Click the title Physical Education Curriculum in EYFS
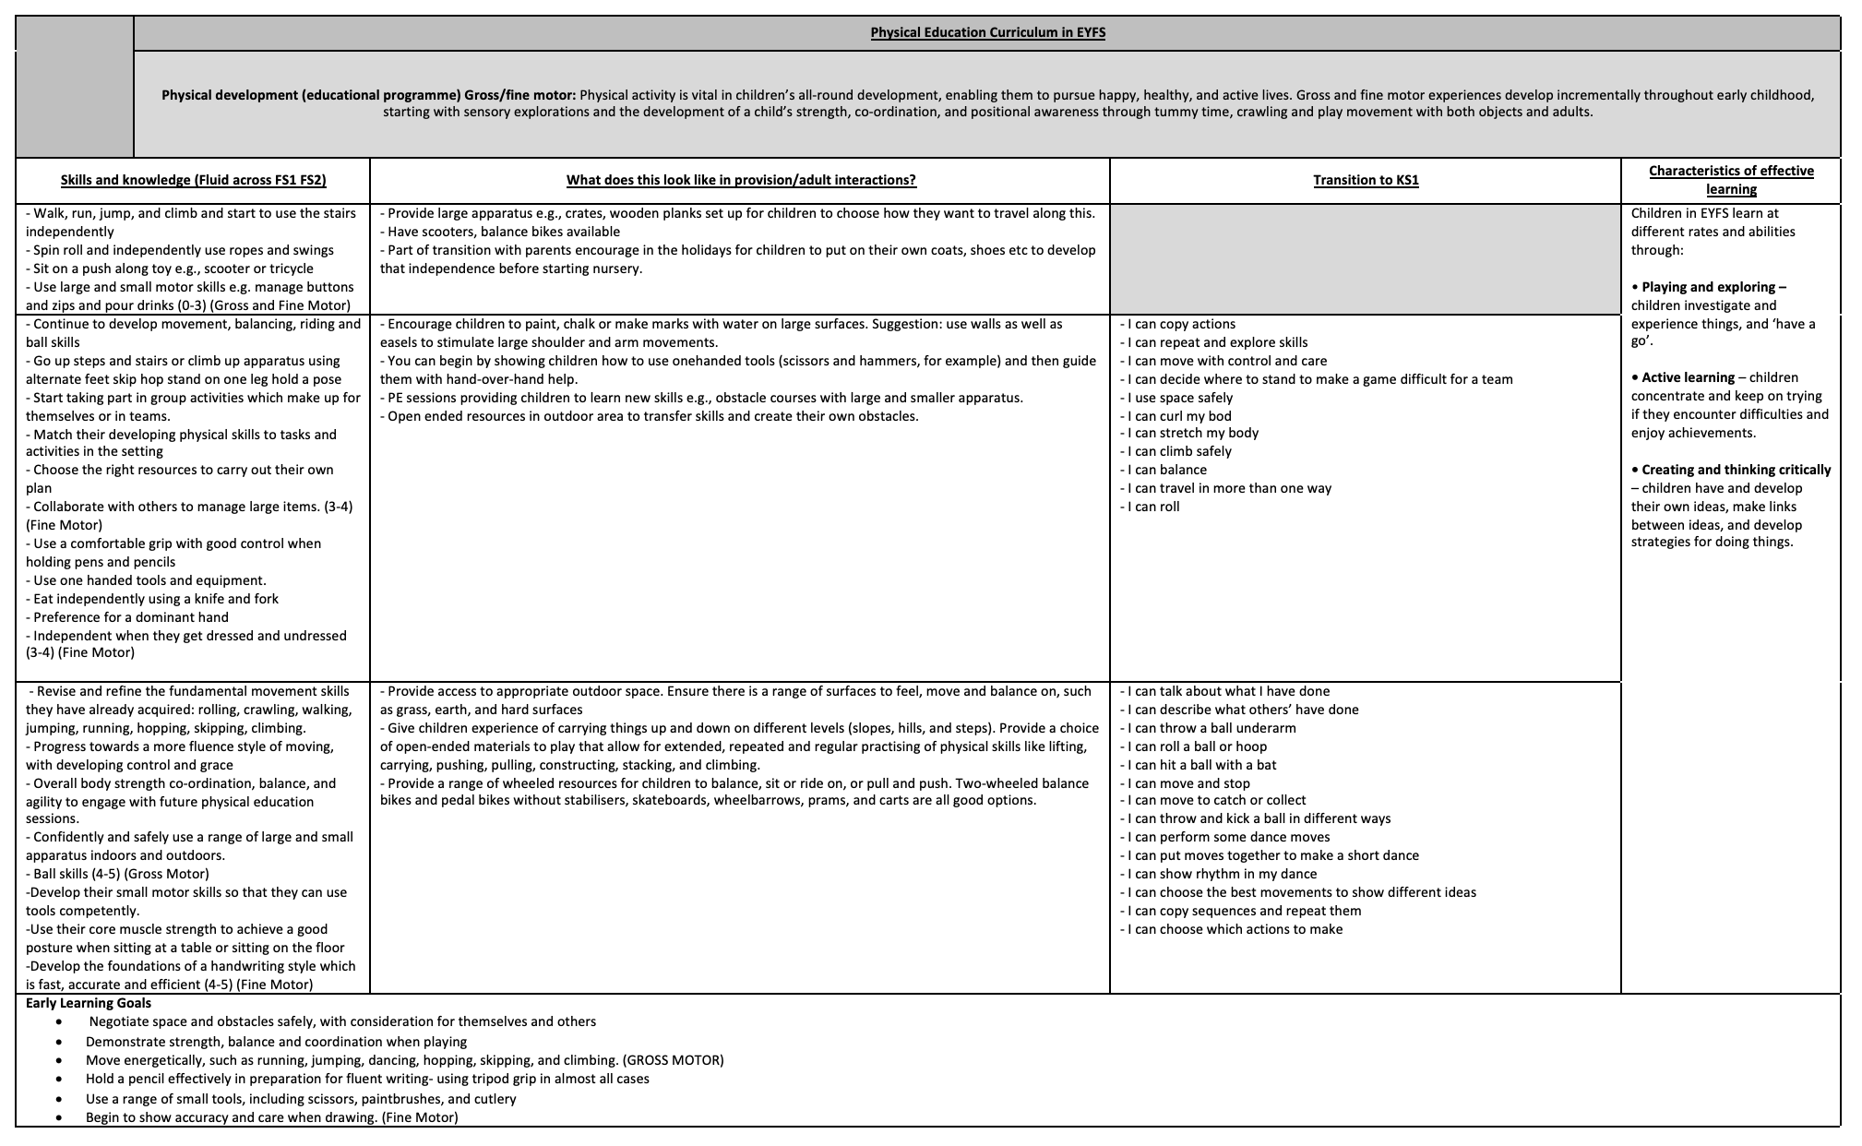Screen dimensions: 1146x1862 [987, 33]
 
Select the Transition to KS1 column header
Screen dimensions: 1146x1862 [1366, 180]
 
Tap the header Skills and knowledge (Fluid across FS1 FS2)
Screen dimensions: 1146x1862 [193, 180]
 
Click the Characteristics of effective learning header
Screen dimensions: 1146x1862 [1731, 180]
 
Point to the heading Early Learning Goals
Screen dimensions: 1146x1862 [89, 1003]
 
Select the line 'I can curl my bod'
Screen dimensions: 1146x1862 [1179, 416]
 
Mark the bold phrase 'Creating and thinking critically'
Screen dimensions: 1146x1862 [1736, 470]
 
